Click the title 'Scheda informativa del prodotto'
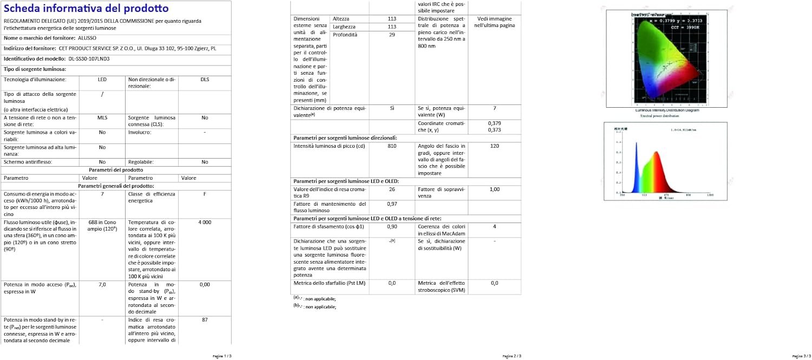86,9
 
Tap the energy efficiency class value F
205,194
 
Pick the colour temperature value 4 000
205,222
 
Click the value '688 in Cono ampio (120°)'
102,226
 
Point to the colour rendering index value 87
205,320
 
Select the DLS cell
205,80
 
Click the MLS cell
102,117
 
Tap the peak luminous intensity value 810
392,146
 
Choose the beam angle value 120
494,146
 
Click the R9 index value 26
392,189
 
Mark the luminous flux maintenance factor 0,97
392,204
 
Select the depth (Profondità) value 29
392,35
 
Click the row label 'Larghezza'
344,27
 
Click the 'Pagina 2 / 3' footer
512,356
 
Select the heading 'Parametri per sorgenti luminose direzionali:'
345,138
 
